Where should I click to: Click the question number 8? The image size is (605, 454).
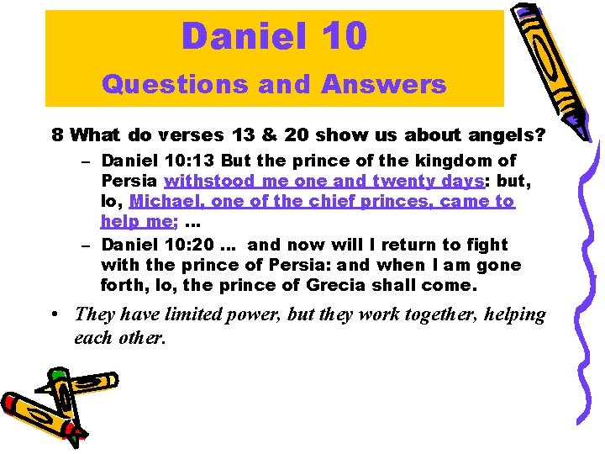pos(57,134)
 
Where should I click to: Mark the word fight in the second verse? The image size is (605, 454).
pos(487,245)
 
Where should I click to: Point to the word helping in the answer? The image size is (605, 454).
pos(513,315)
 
